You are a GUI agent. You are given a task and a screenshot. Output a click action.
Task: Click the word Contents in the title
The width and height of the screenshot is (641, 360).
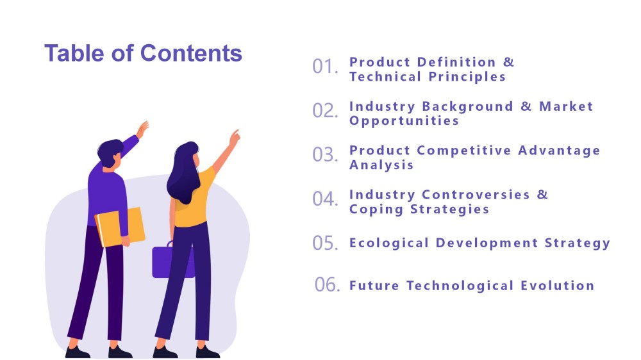[191, 53]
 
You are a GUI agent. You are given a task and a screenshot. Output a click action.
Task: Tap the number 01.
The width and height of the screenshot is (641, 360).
[325, 66]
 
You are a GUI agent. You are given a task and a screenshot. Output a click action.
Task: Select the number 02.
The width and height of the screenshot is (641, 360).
[325, 110]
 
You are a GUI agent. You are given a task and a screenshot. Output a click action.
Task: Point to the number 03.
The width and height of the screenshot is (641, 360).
[325, 154]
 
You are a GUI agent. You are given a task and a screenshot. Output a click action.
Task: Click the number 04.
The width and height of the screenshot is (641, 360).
[325, 199]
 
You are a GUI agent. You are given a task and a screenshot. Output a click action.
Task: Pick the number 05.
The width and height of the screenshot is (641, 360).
[325, 243]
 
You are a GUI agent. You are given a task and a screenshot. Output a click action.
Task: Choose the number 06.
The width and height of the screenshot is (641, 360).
[327, 284]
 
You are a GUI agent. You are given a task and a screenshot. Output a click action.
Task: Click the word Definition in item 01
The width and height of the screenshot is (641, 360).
[456, 62]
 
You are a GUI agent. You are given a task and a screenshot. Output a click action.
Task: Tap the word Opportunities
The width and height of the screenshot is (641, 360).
[404, 120]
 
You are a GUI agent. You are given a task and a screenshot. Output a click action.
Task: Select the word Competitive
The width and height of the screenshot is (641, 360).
[464, 151]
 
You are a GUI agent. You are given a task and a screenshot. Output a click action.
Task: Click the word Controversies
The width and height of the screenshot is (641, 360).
[476, 195]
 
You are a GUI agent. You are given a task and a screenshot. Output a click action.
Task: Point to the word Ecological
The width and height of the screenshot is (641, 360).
[389, 243]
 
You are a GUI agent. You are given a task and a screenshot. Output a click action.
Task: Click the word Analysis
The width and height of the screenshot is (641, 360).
[381, 165]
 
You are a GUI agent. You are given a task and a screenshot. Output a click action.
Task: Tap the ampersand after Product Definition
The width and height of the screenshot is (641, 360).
[508, 62]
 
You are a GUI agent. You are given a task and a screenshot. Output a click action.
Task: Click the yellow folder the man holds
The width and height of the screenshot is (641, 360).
[121, 227]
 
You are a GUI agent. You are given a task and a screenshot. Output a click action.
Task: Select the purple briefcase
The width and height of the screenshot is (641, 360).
[173, 260]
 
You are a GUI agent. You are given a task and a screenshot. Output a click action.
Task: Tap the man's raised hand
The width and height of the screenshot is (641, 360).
[142, 129]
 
